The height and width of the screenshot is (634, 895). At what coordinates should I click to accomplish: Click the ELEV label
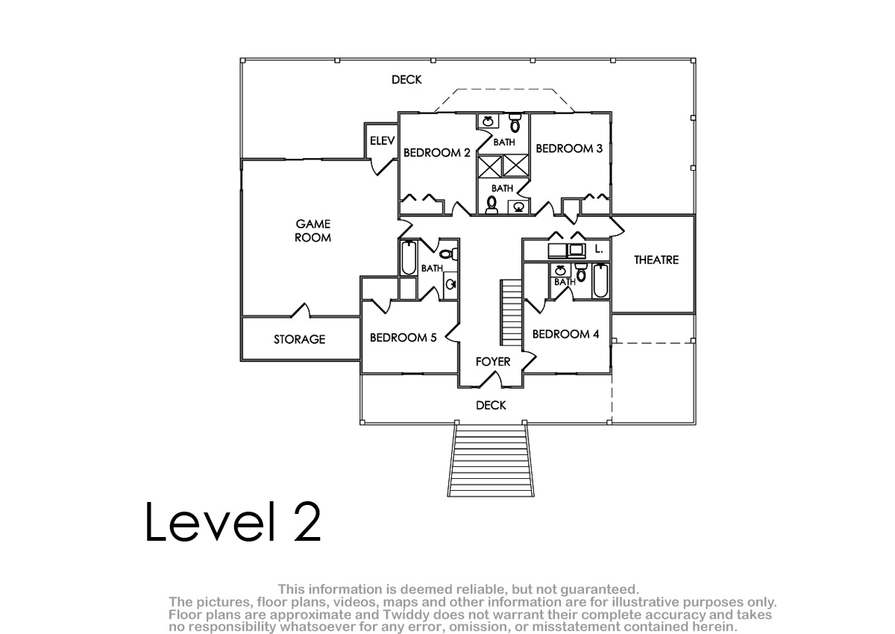(382, 141)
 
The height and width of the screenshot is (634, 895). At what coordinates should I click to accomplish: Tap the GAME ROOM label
(313, 230)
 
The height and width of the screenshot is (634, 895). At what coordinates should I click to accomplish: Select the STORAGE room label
(299, 339)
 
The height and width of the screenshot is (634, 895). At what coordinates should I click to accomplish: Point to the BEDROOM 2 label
(437, 153)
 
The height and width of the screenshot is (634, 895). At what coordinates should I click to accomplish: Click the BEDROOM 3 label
(569, 148)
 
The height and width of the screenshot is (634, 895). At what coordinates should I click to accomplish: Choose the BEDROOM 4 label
(565, 334)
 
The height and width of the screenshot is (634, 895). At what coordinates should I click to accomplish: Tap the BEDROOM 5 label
(403, 338)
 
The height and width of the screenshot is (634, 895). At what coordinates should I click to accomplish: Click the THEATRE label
(656, 260)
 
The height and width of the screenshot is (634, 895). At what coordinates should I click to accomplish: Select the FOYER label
(493, 362)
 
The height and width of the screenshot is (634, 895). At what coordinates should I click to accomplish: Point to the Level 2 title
(233, 522)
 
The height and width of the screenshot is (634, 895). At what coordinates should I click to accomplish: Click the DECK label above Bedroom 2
(406, 80)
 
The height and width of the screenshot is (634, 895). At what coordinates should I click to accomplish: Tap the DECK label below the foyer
(491, 406)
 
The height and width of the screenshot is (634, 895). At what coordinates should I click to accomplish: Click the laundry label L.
(598, 249)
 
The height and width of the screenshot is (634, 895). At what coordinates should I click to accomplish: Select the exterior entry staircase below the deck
(491, 460)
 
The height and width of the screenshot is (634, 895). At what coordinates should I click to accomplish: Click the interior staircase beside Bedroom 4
(512, 313)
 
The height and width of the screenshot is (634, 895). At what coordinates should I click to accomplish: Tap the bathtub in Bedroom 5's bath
(409, 257)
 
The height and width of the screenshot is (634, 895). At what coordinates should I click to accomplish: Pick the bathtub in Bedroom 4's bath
(600, 280)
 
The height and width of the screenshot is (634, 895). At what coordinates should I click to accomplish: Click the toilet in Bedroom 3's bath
(492, 204)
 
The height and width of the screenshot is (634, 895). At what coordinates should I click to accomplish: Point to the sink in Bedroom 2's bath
(488, 121)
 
